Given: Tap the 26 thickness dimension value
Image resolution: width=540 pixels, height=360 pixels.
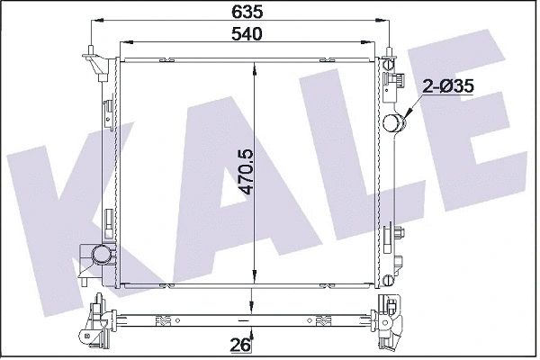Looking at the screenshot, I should pyautogui.click(x=239, y=343).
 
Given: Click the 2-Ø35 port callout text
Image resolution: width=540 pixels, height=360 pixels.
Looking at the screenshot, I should pyautogui.click(x=448, y=87).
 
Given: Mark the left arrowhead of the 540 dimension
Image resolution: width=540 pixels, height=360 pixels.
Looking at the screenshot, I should pyautogui.click(x=124, y=41).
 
